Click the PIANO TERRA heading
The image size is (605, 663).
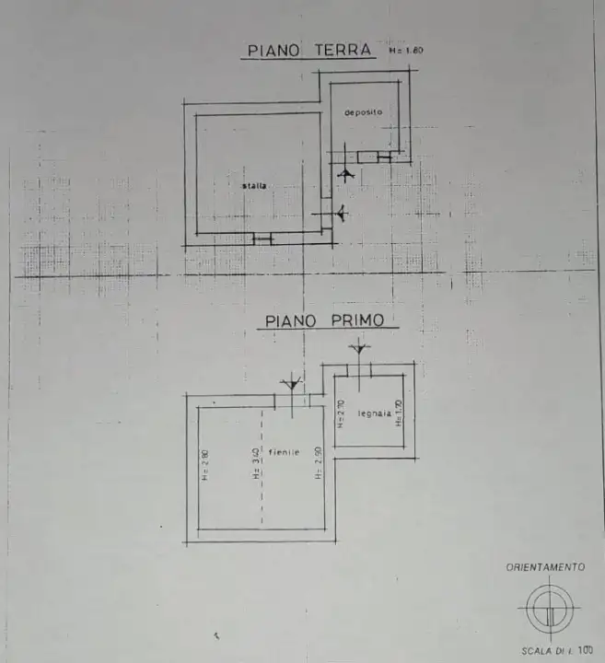pos(308,51)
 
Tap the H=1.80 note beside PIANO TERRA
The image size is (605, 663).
pos(405,52)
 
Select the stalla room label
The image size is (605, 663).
pos(255,186)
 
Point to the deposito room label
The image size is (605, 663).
pos(363,112)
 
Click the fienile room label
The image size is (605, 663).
pos(285,452)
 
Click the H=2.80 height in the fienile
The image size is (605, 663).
pos(205,465)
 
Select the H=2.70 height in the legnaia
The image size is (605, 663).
pos(341,414)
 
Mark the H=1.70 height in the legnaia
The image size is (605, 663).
pos(400,413)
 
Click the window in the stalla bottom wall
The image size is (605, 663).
pos(262,239)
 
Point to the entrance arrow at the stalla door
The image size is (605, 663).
pos(341,213)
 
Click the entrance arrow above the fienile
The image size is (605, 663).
pos(292,382)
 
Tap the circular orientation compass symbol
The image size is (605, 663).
pos(545,607)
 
